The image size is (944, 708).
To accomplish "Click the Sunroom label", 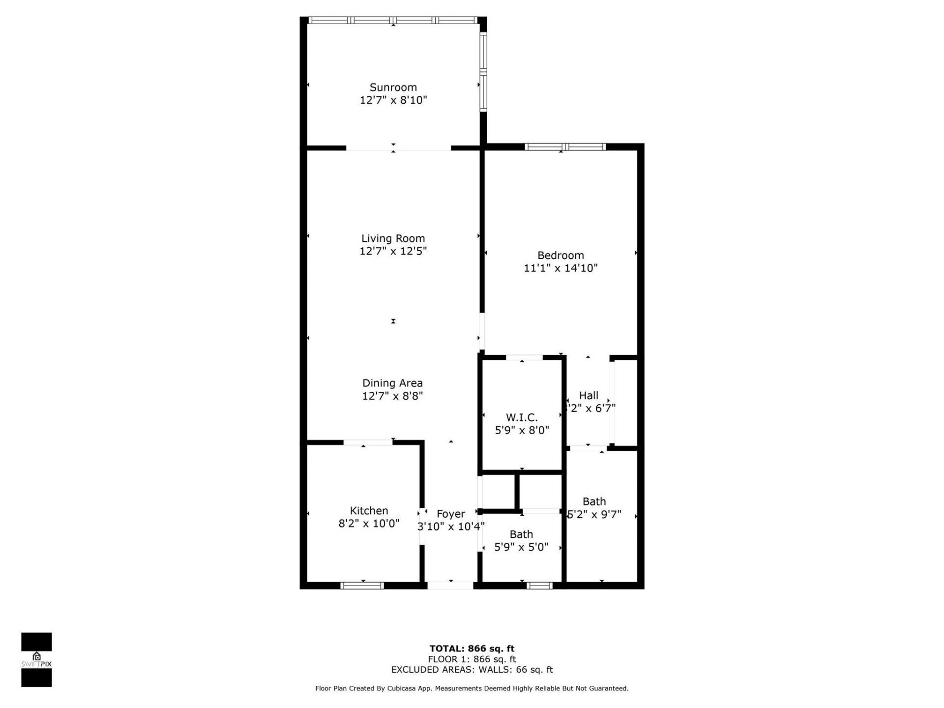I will click(393, 88).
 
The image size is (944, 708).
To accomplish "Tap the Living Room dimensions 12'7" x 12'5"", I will click(393, 251).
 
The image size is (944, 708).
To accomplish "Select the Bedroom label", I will click(560, 255).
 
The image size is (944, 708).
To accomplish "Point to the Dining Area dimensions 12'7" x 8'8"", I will click(392, 396).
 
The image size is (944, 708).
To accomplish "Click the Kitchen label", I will click(369, 511).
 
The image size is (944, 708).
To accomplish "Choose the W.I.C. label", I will click(522, 417).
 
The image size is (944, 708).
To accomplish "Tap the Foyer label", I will click(450, 514).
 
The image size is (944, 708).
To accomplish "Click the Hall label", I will click(589, 395).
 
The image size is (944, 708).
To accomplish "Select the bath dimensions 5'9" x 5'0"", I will click(521, 547).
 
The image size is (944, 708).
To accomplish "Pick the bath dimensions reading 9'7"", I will click(594, 514).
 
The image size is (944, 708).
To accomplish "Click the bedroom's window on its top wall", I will click(565, 147).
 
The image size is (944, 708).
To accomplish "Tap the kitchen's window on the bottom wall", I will click(362, 585).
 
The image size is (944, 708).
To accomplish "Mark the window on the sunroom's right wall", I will click(483, 72).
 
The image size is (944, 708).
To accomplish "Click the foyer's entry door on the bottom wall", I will click(450, 585).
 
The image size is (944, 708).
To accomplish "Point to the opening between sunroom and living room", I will click(398, 147).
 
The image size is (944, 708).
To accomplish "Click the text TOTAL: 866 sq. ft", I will click(472, 649).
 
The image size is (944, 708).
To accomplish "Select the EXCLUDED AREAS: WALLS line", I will click(472, 670).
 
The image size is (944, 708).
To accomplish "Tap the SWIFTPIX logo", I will click(36, 660).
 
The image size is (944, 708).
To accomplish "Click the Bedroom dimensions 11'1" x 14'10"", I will click(560, 268).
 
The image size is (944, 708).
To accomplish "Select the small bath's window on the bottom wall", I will click(539, 585).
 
